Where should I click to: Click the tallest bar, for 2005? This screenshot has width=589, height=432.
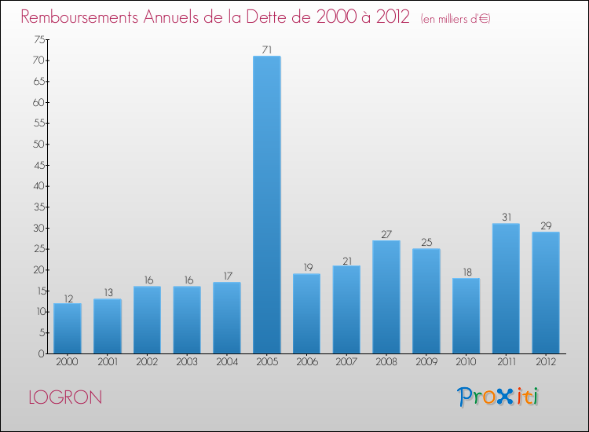point(266,204)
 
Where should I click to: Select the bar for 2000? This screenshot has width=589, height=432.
point(67,328)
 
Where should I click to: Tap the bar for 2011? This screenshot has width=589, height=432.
point(506,288)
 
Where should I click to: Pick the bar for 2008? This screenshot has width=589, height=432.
point(386,297)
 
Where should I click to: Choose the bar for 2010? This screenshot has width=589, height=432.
point(466,316)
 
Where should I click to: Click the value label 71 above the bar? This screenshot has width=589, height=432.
point(266,50)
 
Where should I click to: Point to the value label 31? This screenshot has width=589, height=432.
point(506,218)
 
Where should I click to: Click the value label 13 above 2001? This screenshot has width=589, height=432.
point(107,293)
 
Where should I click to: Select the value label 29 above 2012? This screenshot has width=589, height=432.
point(546,226)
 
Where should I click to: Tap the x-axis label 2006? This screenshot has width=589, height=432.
point(306,362)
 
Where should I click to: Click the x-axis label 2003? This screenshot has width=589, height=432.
point(186,362)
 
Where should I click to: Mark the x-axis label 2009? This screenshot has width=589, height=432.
point(426,362)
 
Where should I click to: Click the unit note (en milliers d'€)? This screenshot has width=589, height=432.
point(455,19)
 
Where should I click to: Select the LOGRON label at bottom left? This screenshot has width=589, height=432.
point(65,397)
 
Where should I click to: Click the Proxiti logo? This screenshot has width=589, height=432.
point(499,397)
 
